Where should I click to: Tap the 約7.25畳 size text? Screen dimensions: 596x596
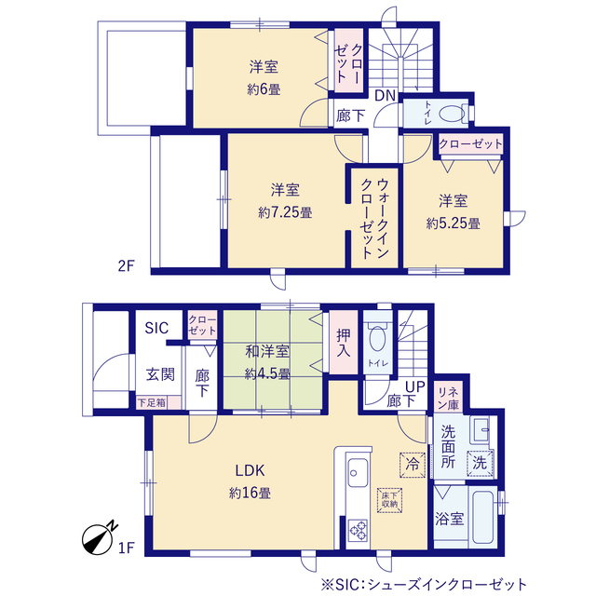click(x=285, y=212)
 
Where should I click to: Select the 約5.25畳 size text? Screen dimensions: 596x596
click(x=454, y=223)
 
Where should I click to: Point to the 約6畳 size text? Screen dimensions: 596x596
click(x=264, y=90)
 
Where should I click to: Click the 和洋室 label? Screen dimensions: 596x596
click(x=267, y=352)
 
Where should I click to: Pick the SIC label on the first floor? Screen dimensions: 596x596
click(x=157, y=329)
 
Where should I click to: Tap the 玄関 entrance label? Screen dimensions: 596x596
click(x=159, y=374)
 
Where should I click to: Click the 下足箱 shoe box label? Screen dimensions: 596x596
click(x=151, y=403)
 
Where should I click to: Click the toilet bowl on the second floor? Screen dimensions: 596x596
click(x=452, y=114)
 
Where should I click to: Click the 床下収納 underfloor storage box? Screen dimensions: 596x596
click(x=388, y=498)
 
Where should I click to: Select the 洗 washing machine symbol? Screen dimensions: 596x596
click(x=479, y=460)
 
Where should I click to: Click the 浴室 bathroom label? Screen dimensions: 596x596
click(x=451, y=519)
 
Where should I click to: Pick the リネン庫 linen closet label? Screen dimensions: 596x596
click(x=449, y=398)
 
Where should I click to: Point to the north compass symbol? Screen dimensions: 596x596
click(x=99, y=536)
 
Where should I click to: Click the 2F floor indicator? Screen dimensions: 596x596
click(x=127, y=265)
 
